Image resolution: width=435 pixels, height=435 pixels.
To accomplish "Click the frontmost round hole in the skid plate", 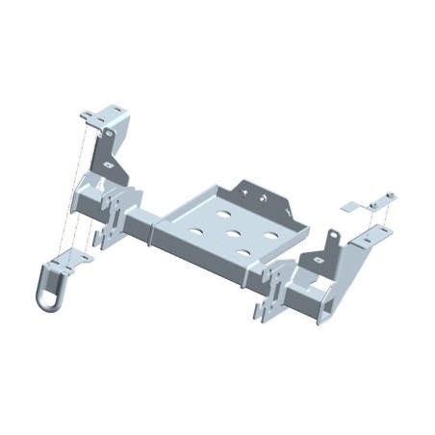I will click(243, 252).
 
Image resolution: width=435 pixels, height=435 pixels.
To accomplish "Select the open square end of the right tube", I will click(330, 305).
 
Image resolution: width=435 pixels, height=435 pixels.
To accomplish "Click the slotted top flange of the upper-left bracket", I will click(105, 116).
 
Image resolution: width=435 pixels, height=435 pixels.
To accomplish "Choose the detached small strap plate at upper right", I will click(352, 206).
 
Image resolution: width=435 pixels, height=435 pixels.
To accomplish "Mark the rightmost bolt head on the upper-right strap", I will click(390, 197).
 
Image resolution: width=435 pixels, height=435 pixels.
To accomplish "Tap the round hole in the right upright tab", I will click(330, 241).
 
